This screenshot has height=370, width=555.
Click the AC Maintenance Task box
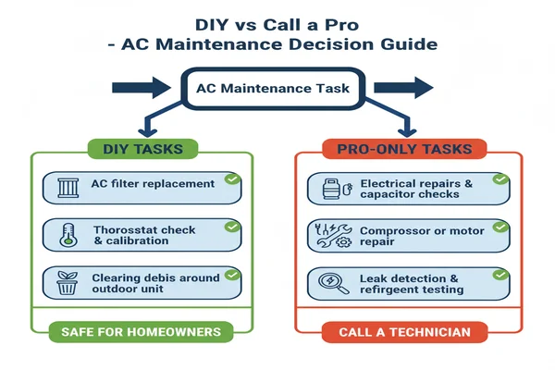(273, 88)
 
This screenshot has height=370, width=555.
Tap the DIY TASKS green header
(143, 149)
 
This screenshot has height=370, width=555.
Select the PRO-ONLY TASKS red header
(404, 149)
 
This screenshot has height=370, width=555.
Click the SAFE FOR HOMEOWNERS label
(141, 332)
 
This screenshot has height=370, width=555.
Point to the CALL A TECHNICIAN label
(404, 332)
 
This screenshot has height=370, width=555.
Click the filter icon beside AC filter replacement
(68, 188)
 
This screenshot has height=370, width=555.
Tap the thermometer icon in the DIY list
(68, 235)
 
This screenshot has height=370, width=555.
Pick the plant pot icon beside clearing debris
(68, 283)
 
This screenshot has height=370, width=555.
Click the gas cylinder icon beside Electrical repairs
(338, 189)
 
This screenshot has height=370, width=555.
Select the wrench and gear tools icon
(333, 235)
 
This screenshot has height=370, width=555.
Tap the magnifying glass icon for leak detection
(333, 283)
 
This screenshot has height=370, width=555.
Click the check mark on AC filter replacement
(232, 179)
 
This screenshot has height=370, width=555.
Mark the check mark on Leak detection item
(500, 275)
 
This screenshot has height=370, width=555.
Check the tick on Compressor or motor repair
(500, 227)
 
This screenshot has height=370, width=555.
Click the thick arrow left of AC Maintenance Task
(142, 88)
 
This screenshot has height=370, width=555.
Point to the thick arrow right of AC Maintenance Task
(403, 88)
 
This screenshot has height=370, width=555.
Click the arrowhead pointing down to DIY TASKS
(148, 132)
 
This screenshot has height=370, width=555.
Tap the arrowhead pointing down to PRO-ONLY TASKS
(407, 132)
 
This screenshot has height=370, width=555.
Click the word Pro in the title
(341, 25)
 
